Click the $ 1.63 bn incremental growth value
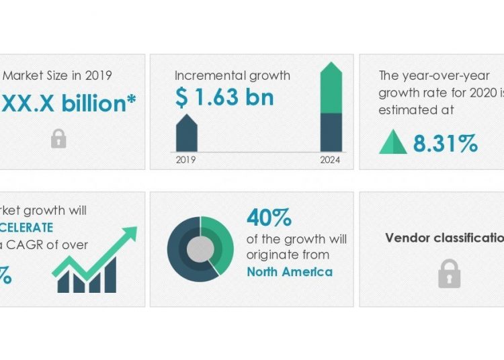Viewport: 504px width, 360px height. pyautogui.click(x=224, y=98)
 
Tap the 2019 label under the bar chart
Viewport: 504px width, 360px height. pyautogui.click(x=185, y=160)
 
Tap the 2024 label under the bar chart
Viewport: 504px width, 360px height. pyautogui.click(x=331, y=160)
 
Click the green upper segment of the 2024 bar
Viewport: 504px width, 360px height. pyautogui.click(x=331, y=89)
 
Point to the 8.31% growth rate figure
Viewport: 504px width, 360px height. pyautogui.click(x=446, y=143)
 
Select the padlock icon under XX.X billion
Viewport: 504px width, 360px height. pyautogui.click(x=58, y=138)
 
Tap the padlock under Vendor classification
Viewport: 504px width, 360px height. pyautogui.click(x=449, y=274)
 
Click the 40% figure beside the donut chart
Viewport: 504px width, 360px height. pyautogui.click(x=269, y=218)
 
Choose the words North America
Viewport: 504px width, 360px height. pyautogui.click(x=290, y=271)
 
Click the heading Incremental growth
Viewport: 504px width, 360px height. pyautogui.click(x=232, y=76)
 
